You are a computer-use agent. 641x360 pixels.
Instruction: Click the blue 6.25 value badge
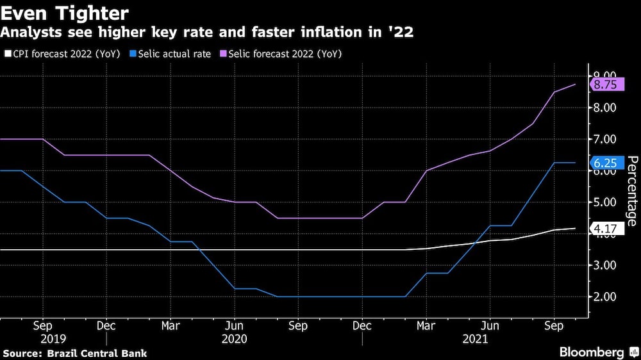tap(605, 164)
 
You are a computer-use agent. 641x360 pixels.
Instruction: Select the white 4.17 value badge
tap(605, 229)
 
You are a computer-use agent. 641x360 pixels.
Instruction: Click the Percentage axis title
tap(631, 191)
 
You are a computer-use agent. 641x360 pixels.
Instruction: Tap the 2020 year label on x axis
tap(235, 339)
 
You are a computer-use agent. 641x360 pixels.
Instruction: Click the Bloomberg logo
tap(592, 352)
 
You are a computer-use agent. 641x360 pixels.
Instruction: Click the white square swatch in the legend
tap(6, 54)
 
